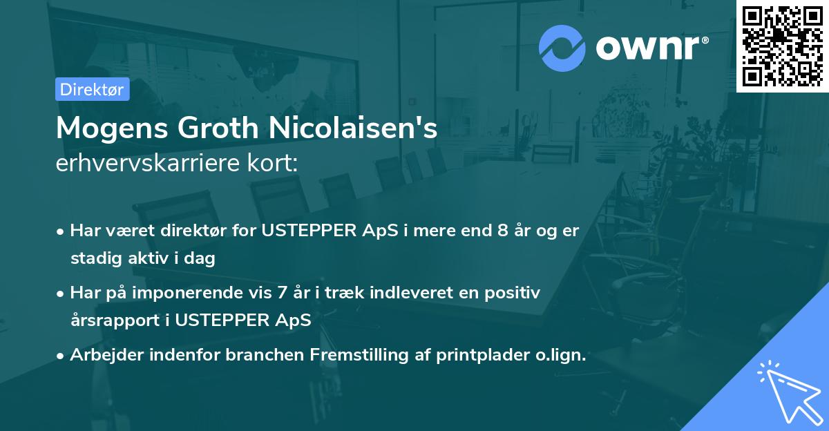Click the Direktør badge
pyautogui.click(x=92, y=89)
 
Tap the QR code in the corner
pyautogui.click(x=782, y=46)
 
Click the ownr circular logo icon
pyautogui.click(x=562, y=48)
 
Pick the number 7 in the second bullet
pyautogui.click(x=282, y=293)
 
